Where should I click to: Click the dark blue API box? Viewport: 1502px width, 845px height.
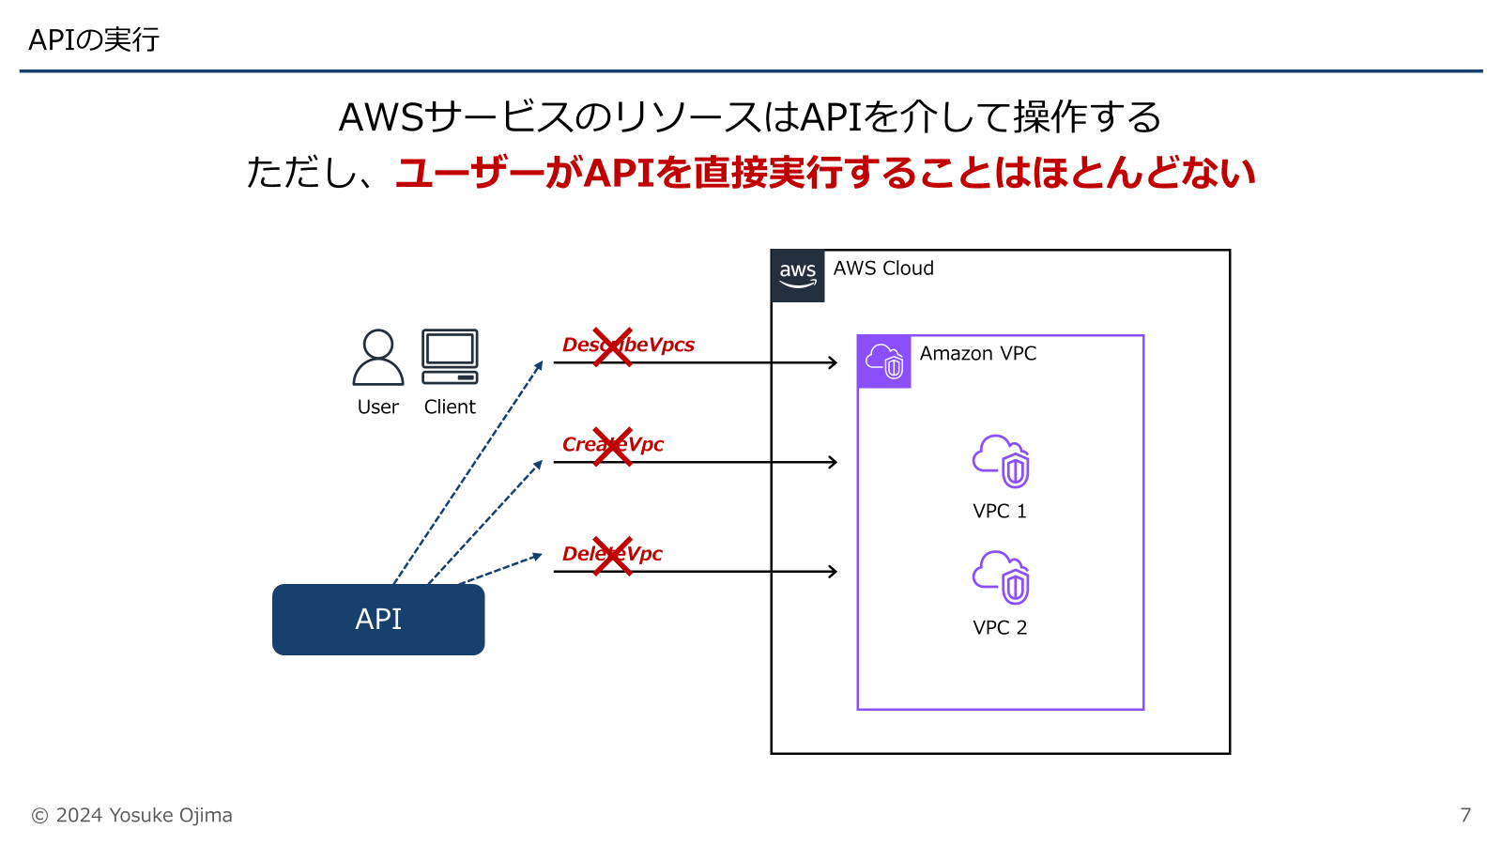pos(378,620)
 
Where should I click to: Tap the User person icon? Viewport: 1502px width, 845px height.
pos(378,357)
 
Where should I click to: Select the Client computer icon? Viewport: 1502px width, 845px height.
pos(450,357)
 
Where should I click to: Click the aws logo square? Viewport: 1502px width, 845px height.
pos(797,276)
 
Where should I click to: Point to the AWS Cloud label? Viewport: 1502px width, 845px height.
pos(883,269)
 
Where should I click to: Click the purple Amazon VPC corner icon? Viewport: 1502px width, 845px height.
pos(883,361)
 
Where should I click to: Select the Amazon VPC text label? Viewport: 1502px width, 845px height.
pos(978,354)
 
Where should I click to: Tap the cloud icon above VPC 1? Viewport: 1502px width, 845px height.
pos(1001,461)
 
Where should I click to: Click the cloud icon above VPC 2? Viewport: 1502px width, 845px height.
pos(1001,577)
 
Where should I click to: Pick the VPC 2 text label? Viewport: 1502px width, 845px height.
pos(1000,628)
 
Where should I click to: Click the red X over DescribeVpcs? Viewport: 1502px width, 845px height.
pos(612,346)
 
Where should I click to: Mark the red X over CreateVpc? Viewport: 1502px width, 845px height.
pos(612,446)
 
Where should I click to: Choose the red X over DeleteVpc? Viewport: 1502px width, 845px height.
pos(612,556)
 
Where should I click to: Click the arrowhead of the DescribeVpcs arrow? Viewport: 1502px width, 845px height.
pos(833,362)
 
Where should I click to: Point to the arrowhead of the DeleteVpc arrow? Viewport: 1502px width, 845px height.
pos(833,571)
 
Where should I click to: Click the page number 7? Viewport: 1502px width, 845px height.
pos(1465,815)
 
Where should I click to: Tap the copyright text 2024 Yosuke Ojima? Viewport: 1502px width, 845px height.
pos(132,815)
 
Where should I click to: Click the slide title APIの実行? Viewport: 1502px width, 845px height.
pos(94,40)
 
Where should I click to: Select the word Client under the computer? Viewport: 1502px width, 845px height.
pos(450,407)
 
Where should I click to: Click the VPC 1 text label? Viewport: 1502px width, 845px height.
pos(1000,512)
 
